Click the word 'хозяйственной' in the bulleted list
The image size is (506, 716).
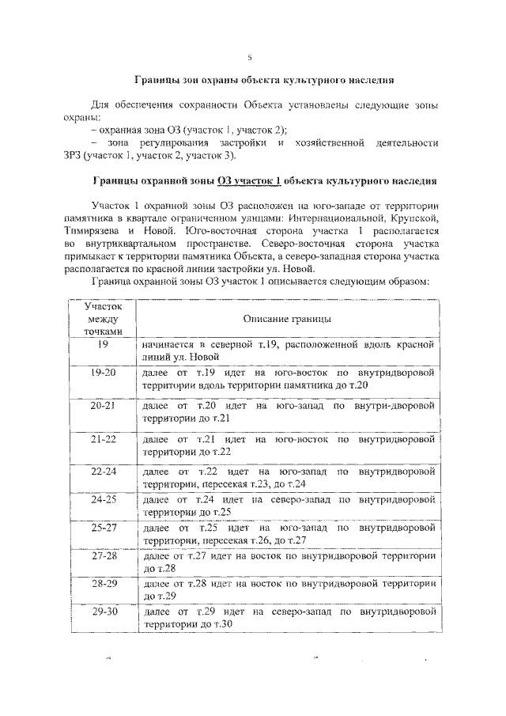[328, 142]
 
